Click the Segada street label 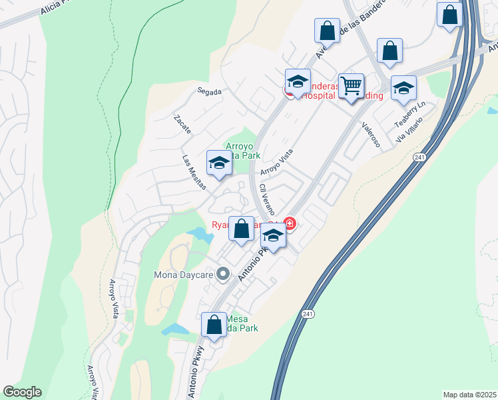[208, 91]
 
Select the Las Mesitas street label [194, 172]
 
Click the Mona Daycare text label [183, 274]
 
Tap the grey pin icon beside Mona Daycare [224, 274]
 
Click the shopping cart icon [351, 86]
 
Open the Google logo [22, 392]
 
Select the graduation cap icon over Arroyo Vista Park [218, 163]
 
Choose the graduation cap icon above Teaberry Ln [403, 88]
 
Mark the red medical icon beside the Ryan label [289, 223]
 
